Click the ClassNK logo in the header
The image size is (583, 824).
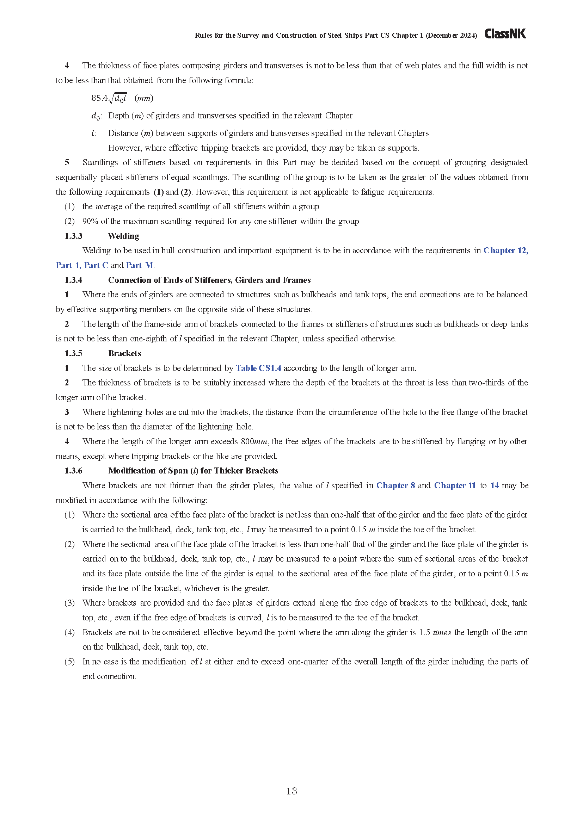(505, 34)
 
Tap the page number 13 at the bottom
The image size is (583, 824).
(291, 791)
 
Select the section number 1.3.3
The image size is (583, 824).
(73, 236)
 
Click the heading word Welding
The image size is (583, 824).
(123, 236)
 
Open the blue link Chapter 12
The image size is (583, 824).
(505, 250)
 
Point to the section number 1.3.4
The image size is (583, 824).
(73, 280)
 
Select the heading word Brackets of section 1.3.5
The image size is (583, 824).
(124, 353)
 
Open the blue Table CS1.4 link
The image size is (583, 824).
(258, 368)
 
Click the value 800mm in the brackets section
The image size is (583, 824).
(254, 441)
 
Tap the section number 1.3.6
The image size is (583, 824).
(73, 471)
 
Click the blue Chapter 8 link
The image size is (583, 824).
(395, 485)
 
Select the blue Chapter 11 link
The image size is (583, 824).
(454, 485)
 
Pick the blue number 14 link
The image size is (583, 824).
(494, 485)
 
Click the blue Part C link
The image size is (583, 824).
(96, 265)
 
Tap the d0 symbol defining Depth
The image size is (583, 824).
(96, 116)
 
